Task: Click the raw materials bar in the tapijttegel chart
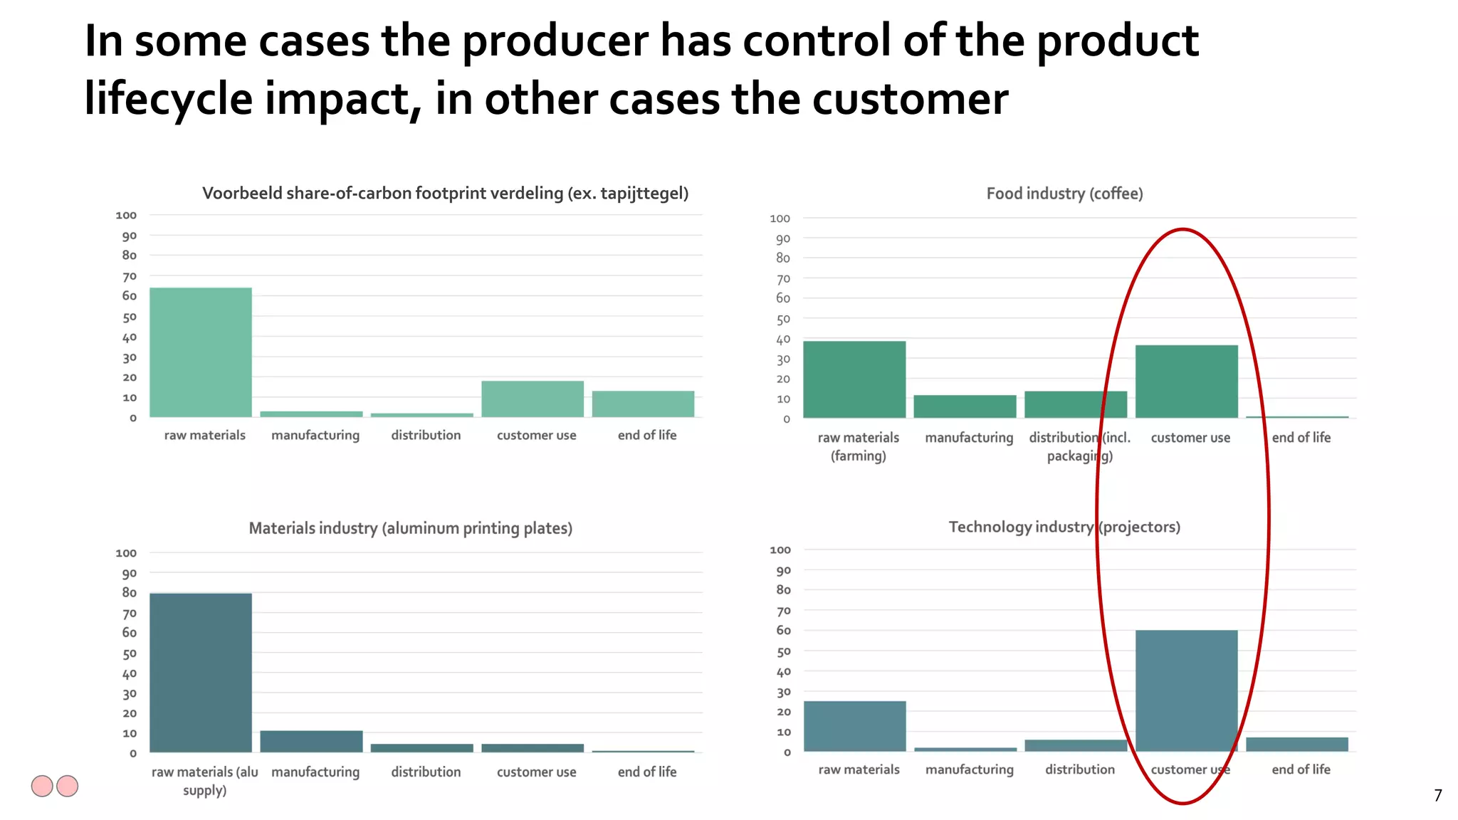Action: pos(201,352)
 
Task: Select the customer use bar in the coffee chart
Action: pos(1186,382)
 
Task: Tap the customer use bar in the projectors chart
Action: pos(1186,690)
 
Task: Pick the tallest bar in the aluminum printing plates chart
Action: pos(201,673)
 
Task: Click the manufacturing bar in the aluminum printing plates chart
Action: pos(311,741)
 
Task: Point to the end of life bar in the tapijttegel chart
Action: pos(643,404)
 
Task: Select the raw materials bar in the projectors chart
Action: pos(854,726)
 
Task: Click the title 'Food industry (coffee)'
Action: pos(1064,194)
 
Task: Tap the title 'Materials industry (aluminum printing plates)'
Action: pos(410,528)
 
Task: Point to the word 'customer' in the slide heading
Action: pos(910,99)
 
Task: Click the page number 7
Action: pos(1437,795)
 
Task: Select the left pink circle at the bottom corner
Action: pos(42,786)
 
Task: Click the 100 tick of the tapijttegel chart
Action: pos(126,215)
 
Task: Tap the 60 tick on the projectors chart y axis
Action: pos(783,631)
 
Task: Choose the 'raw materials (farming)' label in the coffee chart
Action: pos(858,446)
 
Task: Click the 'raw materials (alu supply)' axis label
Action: pos(204,781)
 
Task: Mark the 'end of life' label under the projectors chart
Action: pos(1301,769)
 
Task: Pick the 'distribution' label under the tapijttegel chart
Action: pos(426,435)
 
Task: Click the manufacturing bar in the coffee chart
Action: pos(965,406)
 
